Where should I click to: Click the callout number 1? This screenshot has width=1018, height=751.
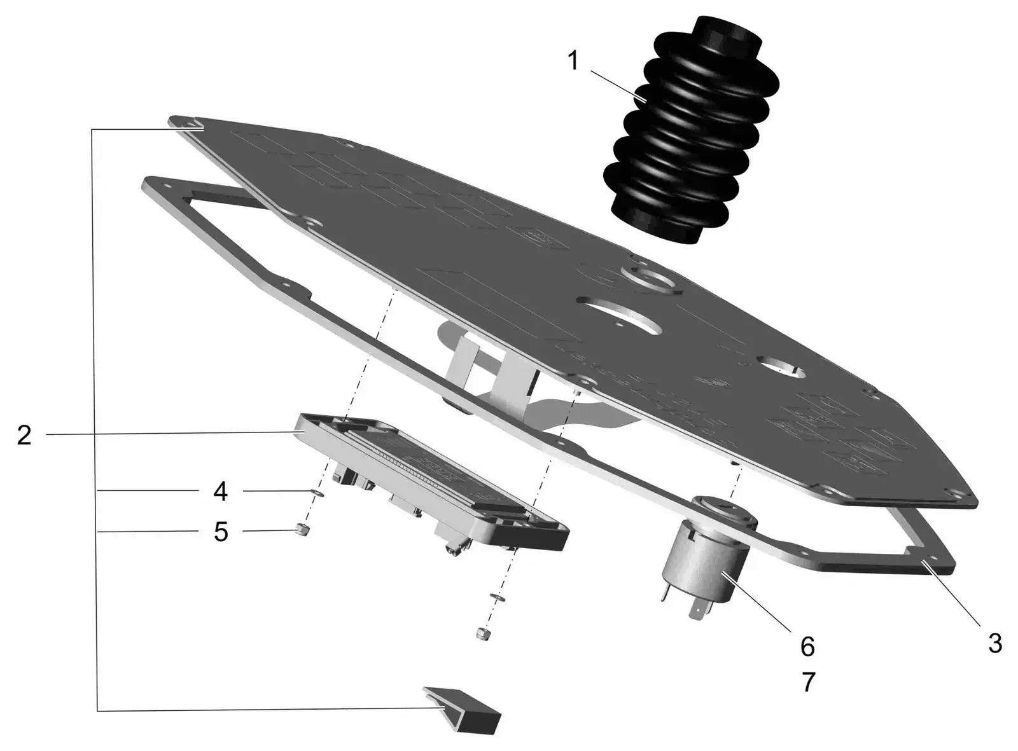(x=573, y=61)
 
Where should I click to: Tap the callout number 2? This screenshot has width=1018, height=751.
(x=24, y=434)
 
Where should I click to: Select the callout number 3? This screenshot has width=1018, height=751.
(x=995, y=643)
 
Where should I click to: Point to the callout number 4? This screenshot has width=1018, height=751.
(x=220, y=492)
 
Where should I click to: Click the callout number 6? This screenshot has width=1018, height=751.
(x=807, y=647)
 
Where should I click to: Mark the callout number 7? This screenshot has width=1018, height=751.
(x=808, y=682)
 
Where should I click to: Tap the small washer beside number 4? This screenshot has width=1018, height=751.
(x=317, y=493)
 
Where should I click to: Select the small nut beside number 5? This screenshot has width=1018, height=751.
(x=302, y=530)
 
